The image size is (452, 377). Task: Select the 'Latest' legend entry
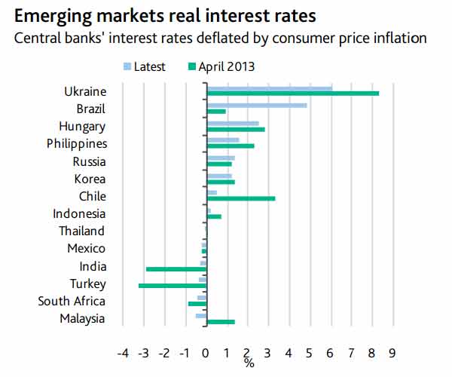pos(149,66)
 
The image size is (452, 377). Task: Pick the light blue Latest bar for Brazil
pos(257,105)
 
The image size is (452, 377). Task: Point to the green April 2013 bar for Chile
pos(241,199)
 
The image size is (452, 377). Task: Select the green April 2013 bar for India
pos(176,269)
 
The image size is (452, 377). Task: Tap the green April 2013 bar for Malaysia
pos(221,322)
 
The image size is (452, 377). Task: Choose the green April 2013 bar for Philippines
pos(231,146)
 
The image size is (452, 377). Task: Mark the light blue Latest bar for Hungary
pos(233,123)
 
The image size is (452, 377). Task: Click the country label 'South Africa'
pos(72,302)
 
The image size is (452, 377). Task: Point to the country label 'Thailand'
pos(82,231)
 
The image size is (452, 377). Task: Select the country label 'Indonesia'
pos(79,213)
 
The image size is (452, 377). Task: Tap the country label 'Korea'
pos(90,179)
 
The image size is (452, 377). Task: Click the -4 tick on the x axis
pos(124,352)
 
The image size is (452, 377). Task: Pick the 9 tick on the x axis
pos(392,352)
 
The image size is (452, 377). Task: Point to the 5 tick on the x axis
pos(310,352)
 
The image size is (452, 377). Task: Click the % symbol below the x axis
pos(249,363)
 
